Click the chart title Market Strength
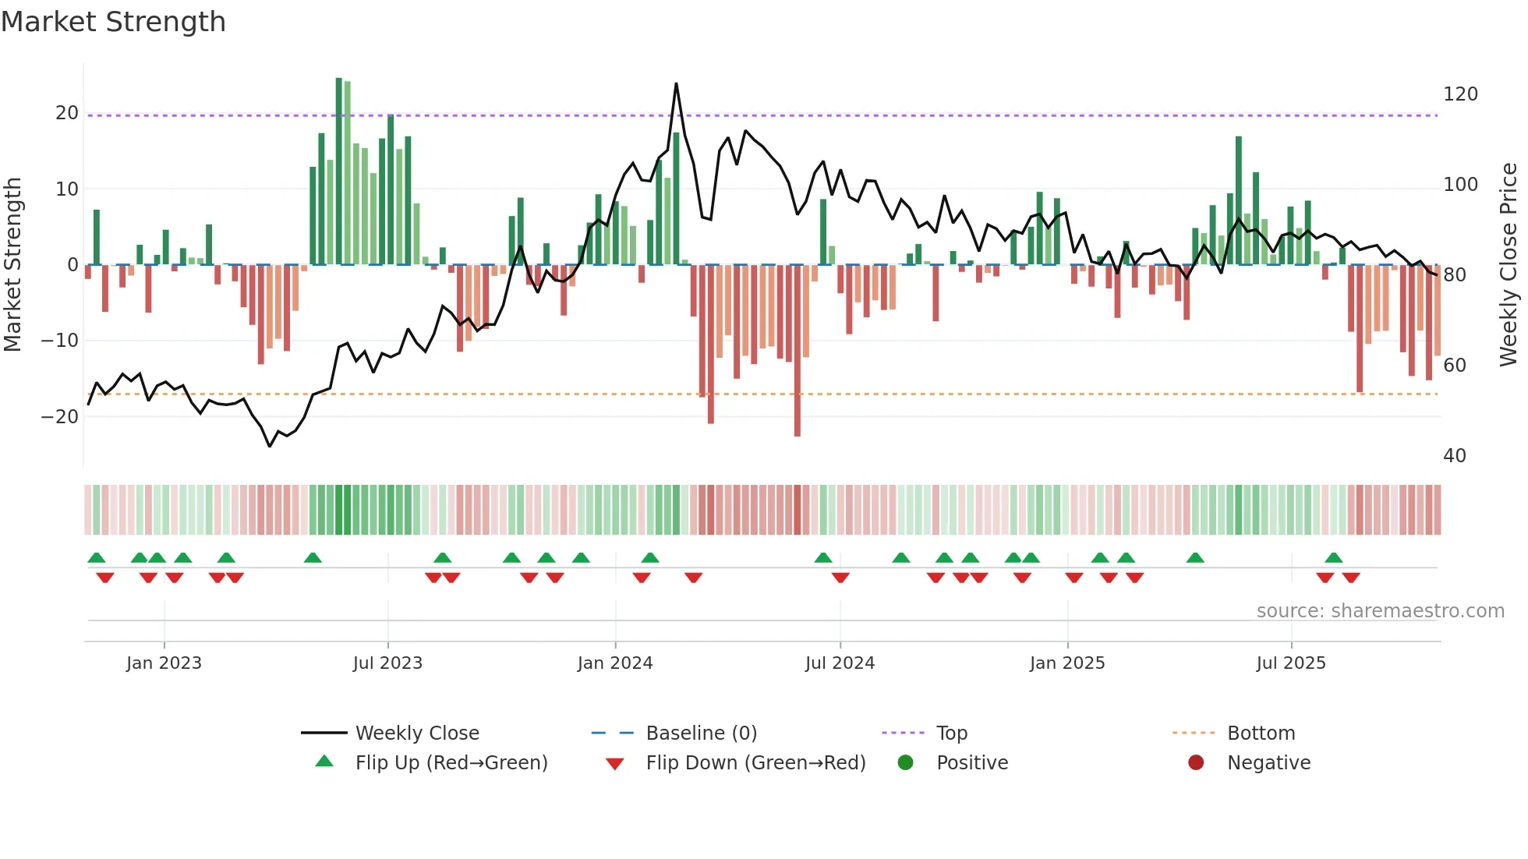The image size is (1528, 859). pyautogui.click(x=113, y=22)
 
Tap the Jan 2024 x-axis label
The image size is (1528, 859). pyautogui.click(x=614, y=663)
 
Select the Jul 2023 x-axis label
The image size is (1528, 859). pyautogui.click(x=387, y=663)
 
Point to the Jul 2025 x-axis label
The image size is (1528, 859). pyautogui.click(x=1290, y=663)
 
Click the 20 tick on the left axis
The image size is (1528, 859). pyautogui.click(x=67, y=113)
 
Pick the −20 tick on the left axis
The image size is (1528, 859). pyautogui.click(x=60, y=417)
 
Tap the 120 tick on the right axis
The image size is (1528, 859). pyautogui.click(x=1460, y=94)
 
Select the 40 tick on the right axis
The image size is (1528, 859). pyautogui.click(x=1454, y=456)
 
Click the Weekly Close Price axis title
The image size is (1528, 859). pyautogui.click(x=1509, y=265)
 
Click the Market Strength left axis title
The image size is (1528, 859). pyautogui.click(x=13, y=265)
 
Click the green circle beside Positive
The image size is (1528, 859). pyautogui.click(x=905, y=763)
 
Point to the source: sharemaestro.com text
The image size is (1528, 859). pyautogui.click(x=1380, y=611)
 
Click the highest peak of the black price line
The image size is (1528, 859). pyautogui.click(x=676, y=83)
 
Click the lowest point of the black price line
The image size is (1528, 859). pyautogui.click(x=270, y=447)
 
